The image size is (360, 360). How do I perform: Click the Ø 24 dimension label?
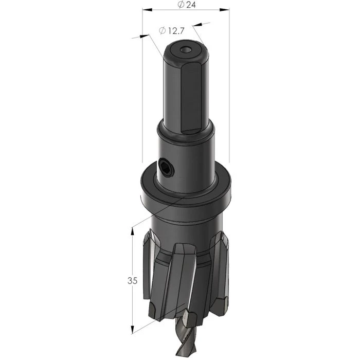[x=186, y=5]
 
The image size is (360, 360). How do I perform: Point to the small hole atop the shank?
[x=186, y=50]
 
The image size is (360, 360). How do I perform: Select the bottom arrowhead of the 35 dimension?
[x=133, y=329]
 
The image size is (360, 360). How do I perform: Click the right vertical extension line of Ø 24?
[x=228, y=82]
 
